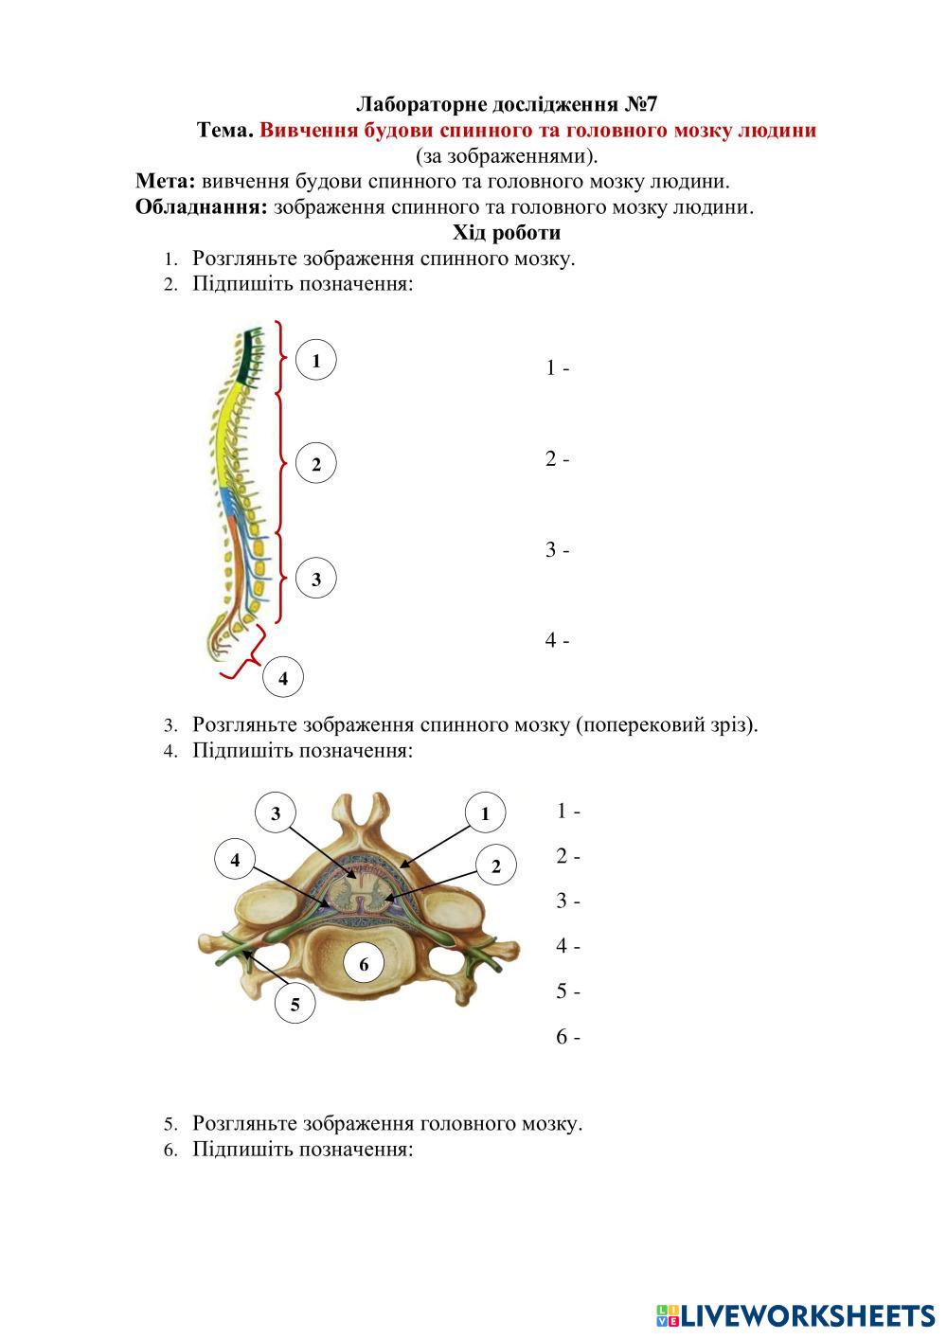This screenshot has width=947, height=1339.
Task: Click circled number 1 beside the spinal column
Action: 316,361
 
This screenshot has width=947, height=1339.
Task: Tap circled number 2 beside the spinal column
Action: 316,464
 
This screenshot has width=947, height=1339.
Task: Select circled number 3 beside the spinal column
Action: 316,579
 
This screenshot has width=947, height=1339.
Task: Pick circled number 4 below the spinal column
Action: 283,678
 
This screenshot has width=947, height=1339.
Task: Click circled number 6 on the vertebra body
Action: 364,965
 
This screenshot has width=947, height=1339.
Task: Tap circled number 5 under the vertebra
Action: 295,1005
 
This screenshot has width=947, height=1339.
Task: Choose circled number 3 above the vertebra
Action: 276,813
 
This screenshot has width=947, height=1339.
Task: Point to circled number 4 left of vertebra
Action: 235,859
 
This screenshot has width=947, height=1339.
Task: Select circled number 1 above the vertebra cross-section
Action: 485,813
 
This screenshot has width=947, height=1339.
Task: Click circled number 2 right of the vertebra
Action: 495,865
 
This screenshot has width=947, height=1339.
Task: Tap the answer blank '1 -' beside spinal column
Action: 557,368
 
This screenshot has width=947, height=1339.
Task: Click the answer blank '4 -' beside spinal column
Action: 557,641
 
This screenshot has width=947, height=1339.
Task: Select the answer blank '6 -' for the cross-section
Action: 568,1038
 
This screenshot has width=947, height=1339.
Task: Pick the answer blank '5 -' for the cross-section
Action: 568,992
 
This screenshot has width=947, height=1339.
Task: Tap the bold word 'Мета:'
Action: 166,181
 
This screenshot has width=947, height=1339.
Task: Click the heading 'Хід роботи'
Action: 507,232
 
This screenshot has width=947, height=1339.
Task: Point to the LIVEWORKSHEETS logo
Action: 795,1314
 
